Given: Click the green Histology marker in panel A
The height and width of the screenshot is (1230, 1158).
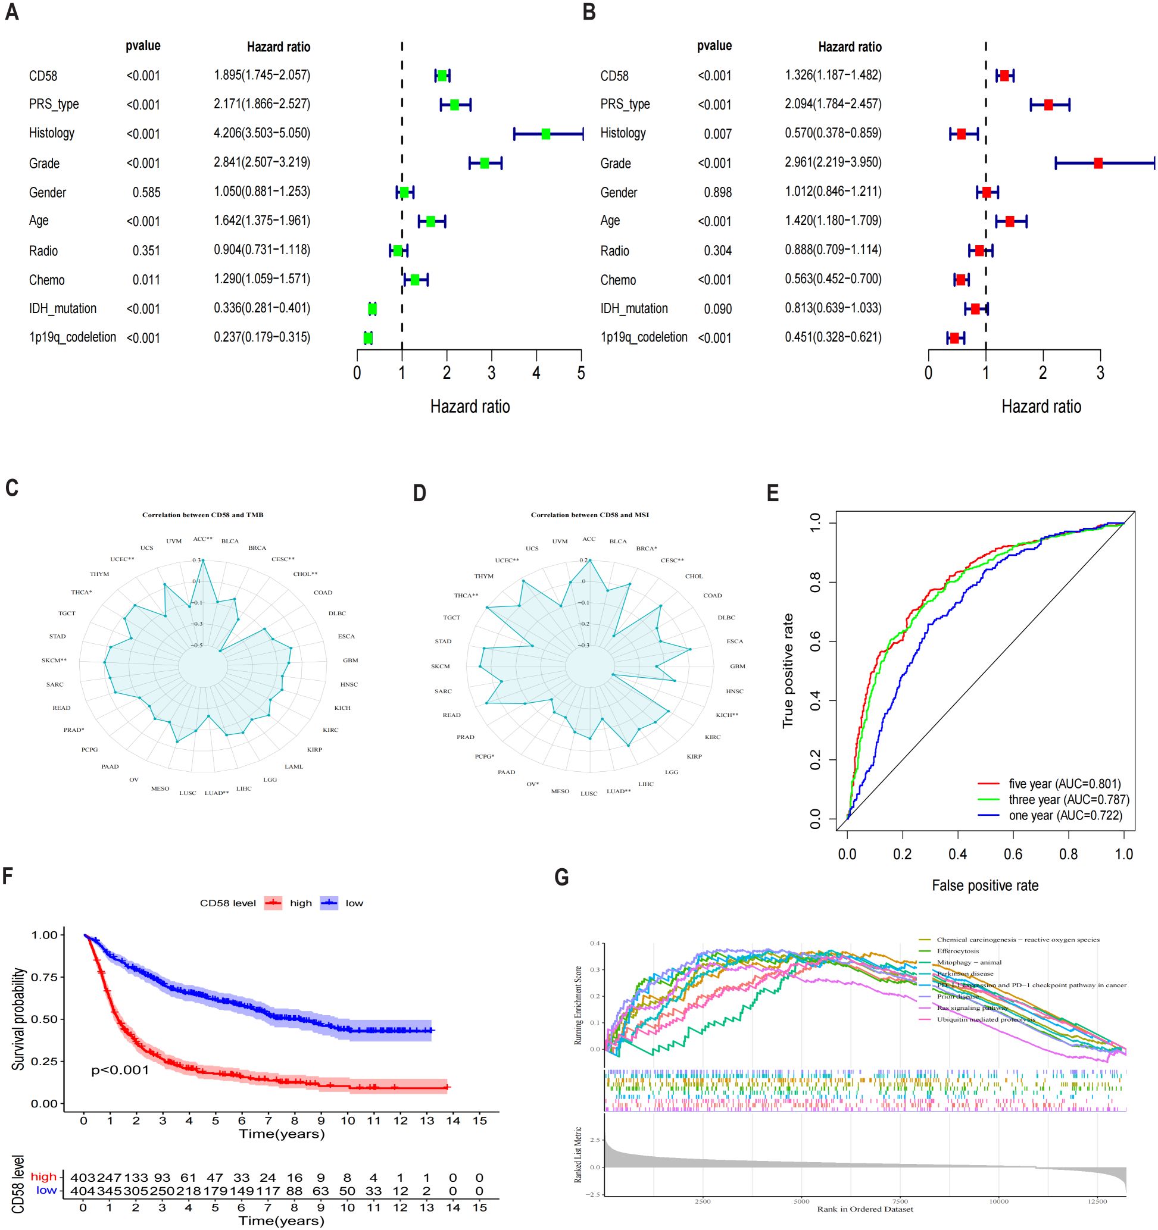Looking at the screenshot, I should [545, 134].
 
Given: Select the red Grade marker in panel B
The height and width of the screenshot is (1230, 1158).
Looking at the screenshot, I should [1097, 163].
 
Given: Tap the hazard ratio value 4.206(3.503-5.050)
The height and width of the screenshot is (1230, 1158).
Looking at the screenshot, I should [262, 133].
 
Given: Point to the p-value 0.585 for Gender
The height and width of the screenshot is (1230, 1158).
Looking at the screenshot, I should [146, 192].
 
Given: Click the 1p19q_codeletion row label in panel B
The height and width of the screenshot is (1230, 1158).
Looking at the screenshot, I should [644, 337].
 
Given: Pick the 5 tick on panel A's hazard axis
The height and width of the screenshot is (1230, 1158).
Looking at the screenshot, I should [580, 373].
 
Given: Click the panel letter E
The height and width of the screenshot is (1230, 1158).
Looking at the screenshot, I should [772, 493].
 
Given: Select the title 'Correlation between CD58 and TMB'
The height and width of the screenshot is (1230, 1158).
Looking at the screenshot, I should [202, 515].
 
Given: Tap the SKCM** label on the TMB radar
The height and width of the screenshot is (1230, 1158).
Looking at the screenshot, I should [54, 660].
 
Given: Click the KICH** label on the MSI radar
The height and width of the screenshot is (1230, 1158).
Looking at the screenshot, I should [726, 715].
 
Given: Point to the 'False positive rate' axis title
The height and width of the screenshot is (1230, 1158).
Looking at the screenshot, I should [985, 885].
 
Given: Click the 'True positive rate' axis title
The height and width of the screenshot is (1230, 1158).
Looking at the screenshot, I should [788, 671].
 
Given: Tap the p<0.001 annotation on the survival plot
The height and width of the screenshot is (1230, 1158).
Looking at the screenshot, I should [120, 1070].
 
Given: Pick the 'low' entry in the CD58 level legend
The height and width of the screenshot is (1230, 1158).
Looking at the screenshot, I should [354, 903].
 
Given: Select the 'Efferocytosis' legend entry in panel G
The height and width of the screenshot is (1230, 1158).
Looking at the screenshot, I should [957, 951].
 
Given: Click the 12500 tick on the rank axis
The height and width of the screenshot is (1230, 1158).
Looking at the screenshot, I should [1097, 1201].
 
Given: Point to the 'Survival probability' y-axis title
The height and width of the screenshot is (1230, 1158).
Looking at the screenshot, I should [18, 1018].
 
